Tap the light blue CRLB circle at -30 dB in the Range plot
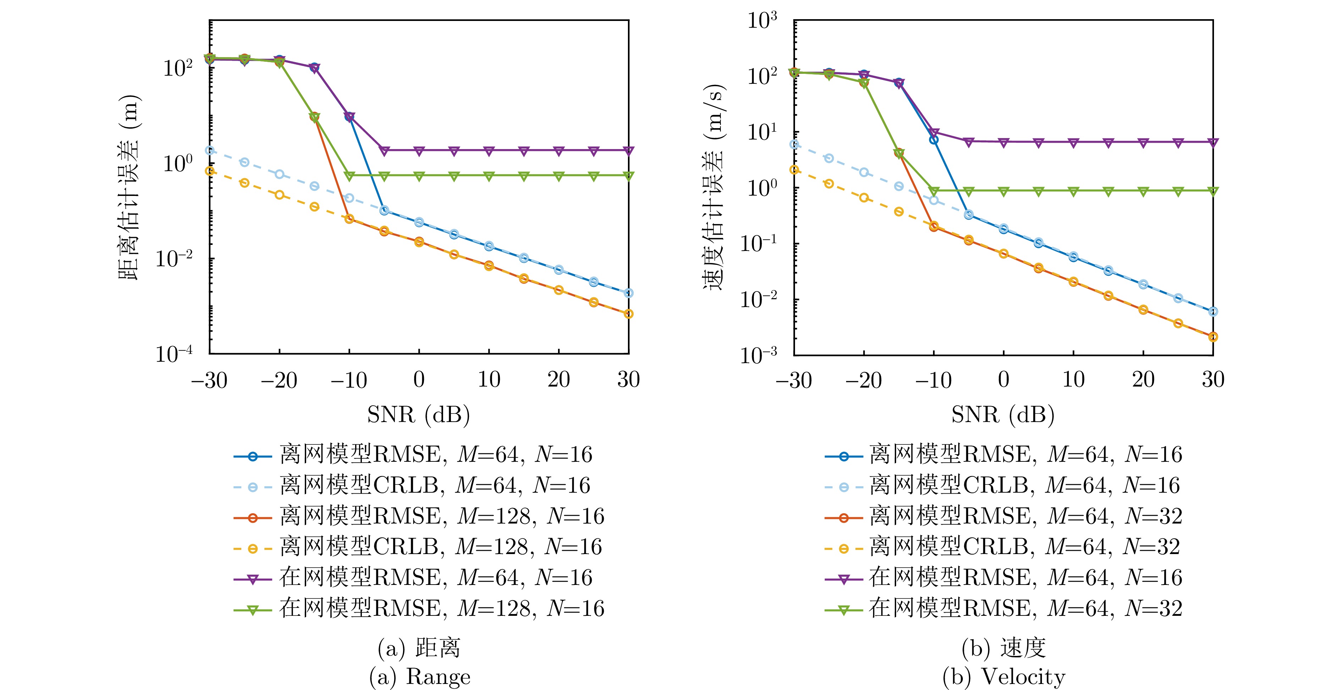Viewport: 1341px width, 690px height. point(210,150)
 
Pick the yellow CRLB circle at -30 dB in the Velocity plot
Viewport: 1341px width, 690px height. point(794,170)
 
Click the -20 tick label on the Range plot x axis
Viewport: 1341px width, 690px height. point(279,380)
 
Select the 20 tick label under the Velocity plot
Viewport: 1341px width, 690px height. point(1143,380)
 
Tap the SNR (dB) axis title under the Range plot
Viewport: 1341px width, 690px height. point(419,415)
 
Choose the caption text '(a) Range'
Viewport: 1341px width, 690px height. point(420,677)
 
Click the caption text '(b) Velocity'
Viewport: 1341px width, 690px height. point(1004,677)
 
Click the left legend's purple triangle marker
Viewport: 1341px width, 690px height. point(253,579)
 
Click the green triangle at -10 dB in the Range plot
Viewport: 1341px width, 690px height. point(349,176)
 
